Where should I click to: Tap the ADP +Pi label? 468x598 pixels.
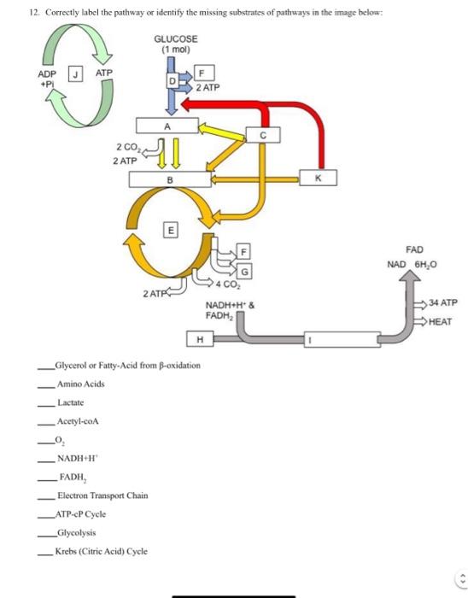click(48, 79)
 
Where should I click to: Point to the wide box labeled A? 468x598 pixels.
click(167, 126)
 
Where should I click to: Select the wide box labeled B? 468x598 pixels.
click(168, 179)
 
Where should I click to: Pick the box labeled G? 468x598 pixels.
click(244, 271)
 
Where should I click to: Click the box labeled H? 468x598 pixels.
click(199, 341)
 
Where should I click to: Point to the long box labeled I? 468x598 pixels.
click(311, 341)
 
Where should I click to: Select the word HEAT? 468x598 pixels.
click(440, 322)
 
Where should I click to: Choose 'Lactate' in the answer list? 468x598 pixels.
click(71, 402)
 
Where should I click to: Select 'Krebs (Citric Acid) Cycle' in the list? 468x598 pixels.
click(101, 551)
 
